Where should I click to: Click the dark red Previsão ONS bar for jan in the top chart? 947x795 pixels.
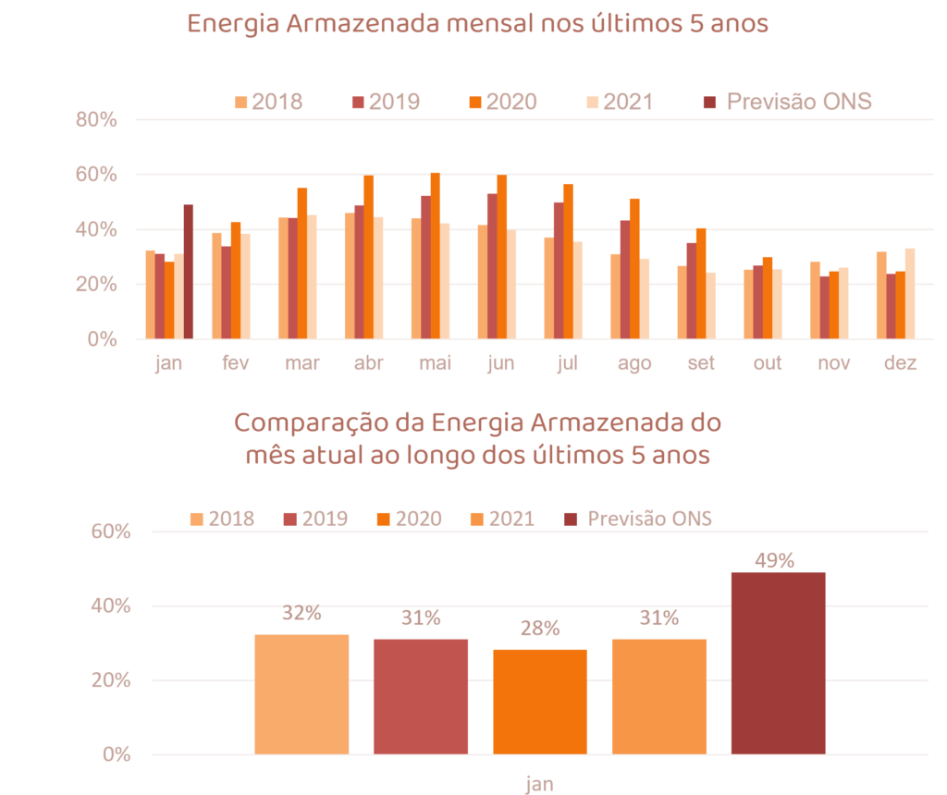tap(189, 272)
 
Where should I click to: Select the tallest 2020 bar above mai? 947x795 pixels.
tap(435, 256)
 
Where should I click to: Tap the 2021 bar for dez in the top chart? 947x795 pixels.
tap(910, 293)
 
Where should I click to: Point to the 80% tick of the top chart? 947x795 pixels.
tap(97, 120)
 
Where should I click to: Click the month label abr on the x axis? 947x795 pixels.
tap(369, 363)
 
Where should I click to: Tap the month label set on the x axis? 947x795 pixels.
tap(702, 363)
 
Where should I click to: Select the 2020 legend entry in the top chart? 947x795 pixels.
tap(503, 102)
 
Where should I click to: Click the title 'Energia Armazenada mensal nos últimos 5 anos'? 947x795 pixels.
tap(478, 24)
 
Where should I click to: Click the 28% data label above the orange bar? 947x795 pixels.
tap(540, 629)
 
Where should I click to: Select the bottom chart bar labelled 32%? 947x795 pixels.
tap(301, 693)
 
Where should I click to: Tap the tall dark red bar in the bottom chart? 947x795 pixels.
tap(778, 662)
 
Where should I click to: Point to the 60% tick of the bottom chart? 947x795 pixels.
tap(111, 532)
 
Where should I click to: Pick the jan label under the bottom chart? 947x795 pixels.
tap(540, 784)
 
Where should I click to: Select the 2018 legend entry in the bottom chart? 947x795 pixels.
tap(222, 519)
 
